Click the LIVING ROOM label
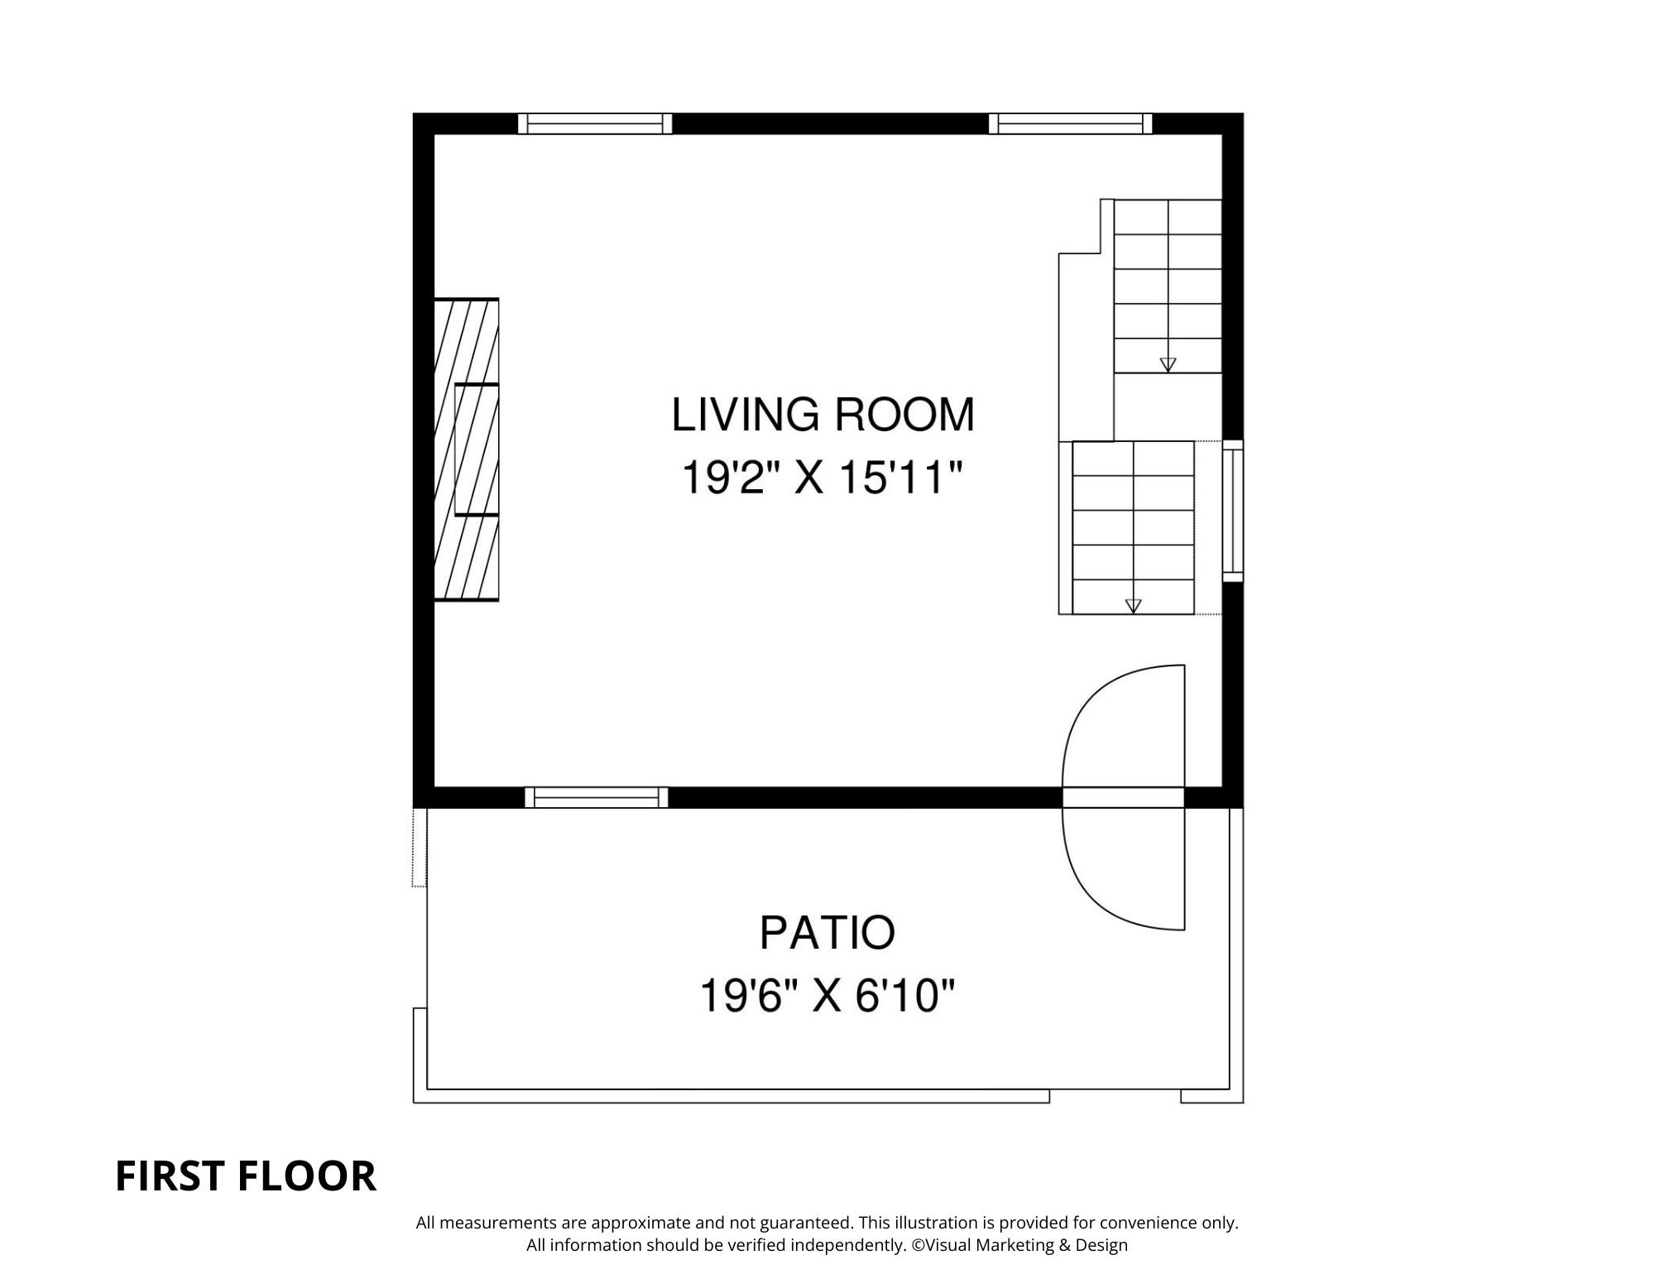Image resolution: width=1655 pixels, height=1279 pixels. [x=823, y=415]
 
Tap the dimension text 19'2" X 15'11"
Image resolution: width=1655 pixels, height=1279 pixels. [x=823, y=478]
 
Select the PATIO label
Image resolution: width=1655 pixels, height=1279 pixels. [x=827, y=932]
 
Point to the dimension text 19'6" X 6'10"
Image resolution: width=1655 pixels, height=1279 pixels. [x=827, y=995]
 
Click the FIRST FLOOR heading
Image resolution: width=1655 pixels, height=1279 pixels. [x=245, y=1176]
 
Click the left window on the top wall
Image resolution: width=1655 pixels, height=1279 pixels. [x=595, y=123]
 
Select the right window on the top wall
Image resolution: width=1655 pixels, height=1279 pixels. [x=1070, y=123]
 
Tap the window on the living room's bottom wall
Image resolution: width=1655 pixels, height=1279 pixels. [x=596, y=797]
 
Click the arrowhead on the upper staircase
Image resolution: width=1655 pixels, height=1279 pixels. [x=1168, y=364]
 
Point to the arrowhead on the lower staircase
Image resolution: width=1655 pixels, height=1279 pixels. [x=1133, y=606]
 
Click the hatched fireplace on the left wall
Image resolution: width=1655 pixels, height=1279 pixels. [x=467, y=450]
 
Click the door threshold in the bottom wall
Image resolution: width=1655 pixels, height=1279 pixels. [x=1123, y=797]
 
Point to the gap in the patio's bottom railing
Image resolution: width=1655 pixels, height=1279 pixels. [x=1115, y=1096]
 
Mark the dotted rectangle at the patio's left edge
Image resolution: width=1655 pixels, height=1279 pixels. [x=420, y=847]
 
